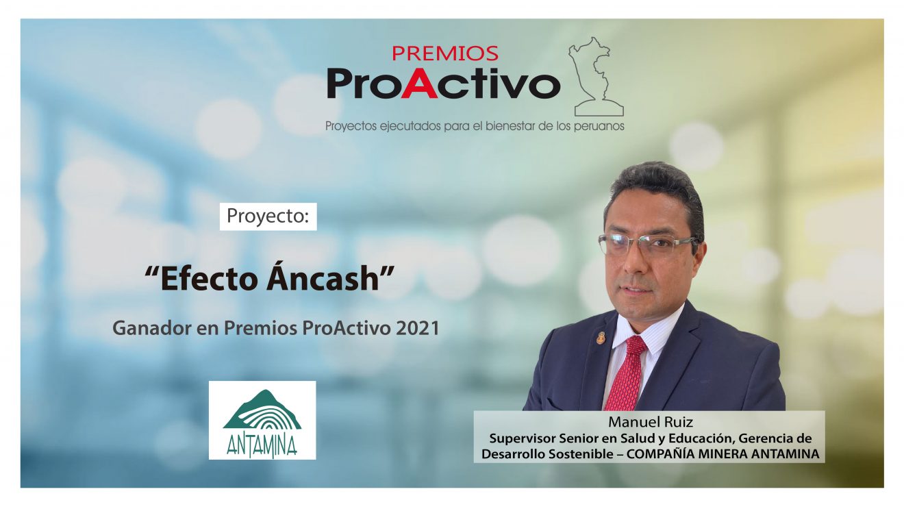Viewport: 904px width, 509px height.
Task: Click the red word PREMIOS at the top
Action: pyautogui.click(x=444, y=53)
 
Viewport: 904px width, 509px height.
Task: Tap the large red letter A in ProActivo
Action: pyautogui.click(x=419, y=83)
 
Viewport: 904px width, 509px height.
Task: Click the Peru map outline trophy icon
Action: pyautogui.click(x=596, y=77)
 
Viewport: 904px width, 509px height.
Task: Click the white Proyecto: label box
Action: pyautogui.click(x=268, y=216)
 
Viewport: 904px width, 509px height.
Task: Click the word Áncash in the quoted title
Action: pyautogui.click(x=323, y=277)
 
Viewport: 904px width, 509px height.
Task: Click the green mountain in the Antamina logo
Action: pyautogui.click(x=262, y=410)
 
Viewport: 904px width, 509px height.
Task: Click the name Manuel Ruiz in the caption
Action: pyautogui.click(x=651, y=422)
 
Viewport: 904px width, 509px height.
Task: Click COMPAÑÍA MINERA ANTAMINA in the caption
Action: pyautogui.click(x=723, y=454)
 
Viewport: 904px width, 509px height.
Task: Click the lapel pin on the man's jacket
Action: pyautogui.click(x=601, y=338)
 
